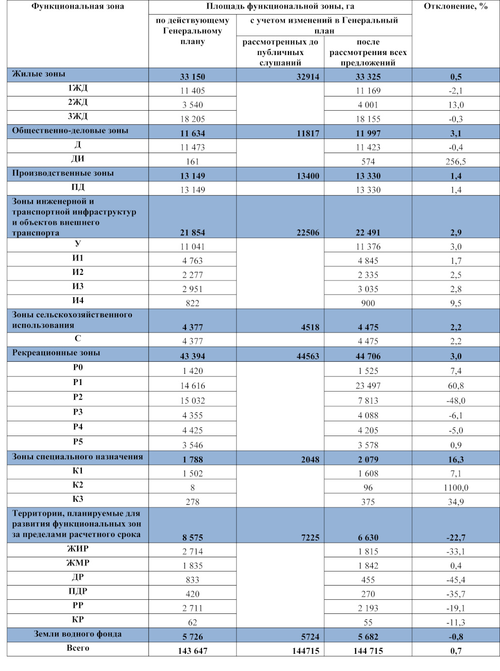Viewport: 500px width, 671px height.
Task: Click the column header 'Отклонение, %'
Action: pos(456,7)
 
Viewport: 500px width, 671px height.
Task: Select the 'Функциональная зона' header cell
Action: pos(78,7)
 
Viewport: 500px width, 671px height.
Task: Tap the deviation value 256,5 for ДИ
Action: pos(456,162)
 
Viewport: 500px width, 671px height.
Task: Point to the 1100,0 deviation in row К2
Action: pos(456,488)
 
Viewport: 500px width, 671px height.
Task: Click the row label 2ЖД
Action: pos(78,102)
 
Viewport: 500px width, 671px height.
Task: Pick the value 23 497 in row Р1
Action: pos(368,386)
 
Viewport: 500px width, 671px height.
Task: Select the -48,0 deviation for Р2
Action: pos(456,401)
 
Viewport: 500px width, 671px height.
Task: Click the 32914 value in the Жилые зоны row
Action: pos(308,77)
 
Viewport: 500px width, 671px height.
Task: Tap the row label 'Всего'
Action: pos(78,648)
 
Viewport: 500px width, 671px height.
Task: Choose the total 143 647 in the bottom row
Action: pos(192,651)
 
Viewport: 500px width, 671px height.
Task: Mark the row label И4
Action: pos(78,300)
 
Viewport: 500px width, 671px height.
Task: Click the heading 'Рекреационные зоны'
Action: pos(56,353)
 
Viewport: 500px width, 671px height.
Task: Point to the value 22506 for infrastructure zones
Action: pos(308,232)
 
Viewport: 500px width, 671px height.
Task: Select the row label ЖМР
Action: pos(78,563)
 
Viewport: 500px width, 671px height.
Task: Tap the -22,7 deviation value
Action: pos(456,538)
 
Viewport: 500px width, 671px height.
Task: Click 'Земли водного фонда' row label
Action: pos(78,634)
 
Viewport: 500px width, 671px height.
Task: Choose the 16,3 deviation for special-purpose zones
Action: pos(456,459)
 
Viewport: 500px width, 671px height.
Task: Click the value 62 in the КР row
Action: pos(192,622)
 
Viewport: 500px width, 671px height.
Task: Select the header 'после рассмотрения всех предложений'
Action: pos(368,52)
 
